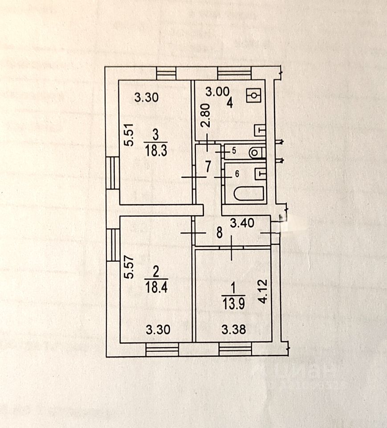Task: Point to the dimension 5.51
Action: pos(129,136)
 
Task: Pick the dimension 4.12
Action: pos(264,292)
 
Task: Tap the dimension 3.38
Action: pos(233,330)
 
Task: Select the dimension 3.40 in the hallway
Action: pos(242,223)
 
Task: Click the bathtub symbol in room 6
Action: pos(249,194)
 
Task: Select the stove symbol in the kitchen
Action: pos(254,95)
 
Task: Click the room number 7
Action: pos(208,167)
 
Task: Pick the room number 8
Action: pos(219,232)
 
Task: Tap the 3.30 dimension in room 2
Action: pos(159,330)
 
